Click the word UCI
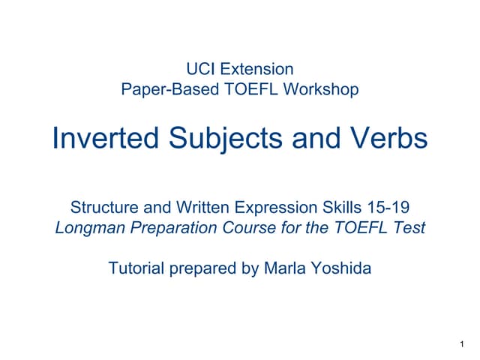[x=201, y=70]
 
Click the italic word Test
[x=409, y=226]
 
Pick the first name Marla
[x=286, y=268]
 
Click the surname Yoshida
[x=340, y=268]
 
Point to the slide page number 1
[x=459, y=343]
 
